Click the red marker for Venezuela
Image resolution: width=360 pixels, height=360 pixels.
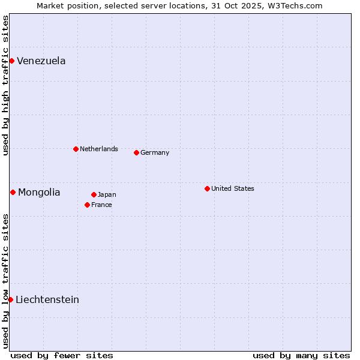click(x=11, y=61)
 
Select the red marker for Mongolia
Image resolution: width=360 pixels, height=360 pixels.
click(x=13, y=192)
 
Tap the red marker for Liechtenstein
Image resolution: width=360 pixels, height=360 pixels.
click(x=10, y=299)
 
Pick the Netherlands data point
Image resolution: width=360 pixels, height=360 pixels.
click(x=76, y=149)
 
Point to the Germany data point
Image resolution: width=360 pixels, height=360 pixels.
click(x=136, y=152)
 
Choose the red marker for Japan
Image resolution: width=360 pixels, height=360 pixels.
click(x=94, y=194)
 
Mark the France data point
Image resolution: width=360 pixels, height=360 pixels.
click(x=87, y=205)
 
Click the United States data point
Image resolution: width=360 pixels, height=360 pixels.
click(x=207, y=188)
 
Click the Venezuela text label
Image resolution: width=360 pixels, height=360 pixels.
click(x=41, y=61)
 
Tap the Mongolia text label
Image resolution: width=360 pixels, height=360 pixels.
click(x=39, y=192)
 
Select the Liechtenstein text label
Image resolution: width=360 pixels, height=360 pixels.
click(x=47, y=299)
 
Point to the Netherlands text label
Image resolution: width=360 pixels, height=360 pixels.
click(x=99, y=149)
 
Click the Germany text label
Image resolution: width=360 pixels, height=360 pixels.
click(x=155, y=152)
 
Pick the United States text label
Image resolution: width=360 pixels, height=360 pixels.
click(x=233, y=188)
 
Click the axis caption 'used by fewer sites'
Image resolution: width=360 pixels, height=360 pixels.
click(x=62, y=355)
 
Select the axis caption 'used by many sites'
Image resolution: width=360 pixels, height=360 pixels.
click(x=301, y=355)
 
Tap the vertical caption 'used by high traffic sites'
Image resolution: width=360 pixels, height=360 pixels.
click(x=5, y=85)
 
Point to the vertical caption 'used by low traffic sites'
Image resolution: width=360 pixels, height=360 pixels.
click(x=5, y=280)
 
